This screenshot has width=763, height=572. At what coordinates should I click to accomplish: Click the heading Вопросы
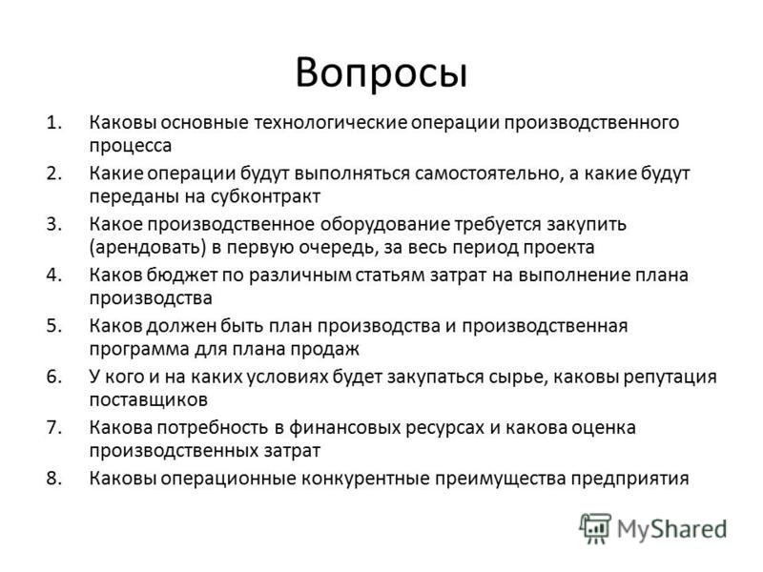(x=381, y=74)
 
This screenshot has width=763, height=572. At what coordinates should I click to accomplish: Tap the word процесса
(x=131, y=147)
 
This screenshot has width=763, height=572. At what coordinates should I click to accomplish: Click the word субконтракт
(x=266, y=197)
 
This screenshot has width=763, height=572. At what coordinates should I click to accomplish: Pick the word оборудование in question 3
(x=385, y=224)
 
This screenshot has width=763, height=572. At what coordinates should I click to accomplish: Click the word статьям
(x=390, y=276)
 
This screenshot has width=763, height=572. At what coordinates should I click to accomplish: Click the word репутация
(x=670, y=378)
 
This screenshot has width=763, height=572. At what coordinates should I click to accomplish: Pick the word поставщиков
(x=149, y=400)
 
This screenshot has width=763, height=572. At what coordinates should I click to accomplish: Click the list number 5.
(x=54, y=326)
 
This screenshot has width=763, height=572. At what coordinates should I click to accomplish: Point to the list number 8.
(x=54, y=479)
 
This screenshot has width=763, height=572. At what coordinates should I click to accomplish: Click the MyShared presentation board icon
(x=595, y=528)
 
